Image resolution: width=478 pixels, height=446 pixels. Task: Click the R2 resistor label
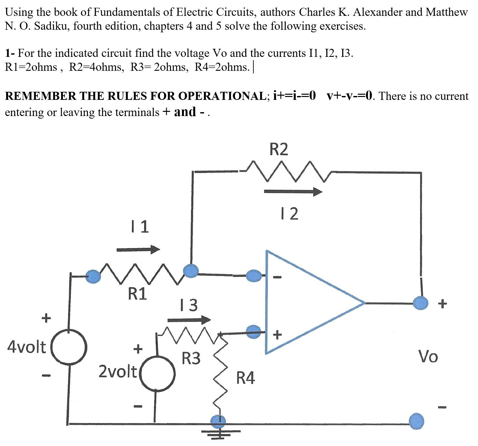(279, 149)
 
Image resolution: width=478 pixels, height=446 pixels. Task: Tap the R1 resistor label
(137, 294)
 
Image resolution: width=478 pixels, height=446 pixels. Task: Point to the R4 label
(246, 378)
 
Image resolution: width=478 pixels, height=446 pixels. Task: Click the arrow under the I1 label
(138, 249)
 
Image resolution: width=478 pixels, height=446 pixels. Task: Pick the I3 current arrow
(189, 320)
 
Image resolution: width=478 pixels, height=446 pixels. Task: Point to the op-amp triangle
(304, 303)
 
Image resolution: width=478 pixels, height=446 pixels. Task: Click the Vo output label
(428, 357)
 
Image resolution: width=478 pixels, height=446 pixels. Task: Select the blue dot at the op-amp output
(420, 303)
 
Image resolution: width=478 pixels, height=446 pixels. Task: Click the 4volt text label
(27, 347)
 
